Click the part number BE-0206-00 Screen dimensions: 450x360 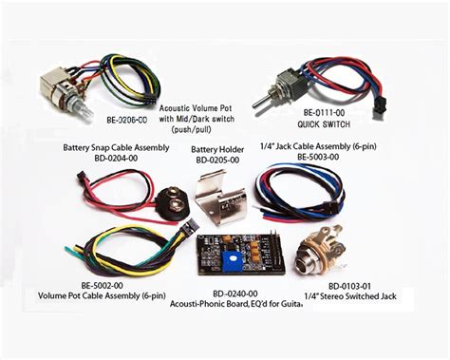[x=126, y=121]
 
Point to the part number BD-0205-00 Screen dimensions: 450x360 [x=217, y=160]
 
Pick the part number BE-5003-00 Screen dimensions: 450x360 [x=323, y=157]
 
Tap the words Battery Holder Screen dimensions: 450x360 [x=217, y=149]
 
